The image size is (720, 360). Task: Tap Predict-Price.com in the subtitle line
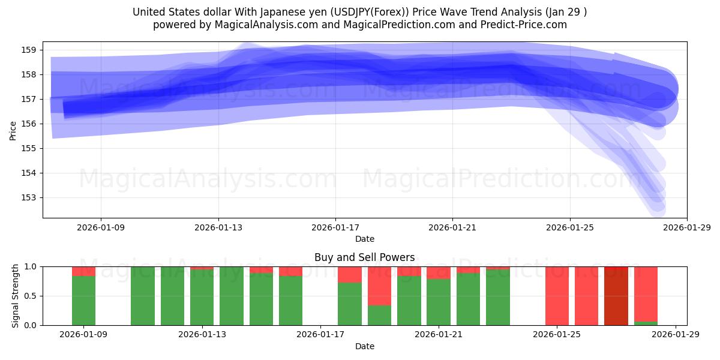pos(521,25)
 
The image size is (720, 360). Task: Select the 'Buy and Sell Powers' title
pos(365,257)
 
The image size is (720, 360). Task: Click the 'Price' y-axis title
pos(13,130)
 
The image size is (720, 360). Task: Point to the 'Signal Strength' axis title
pos(16,296)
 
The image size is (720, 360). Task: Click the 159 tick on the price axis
pos(30,50)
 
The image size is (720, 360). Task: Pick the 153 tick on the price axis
pos(30,197)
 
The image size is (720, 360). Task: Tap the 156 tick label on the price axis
pos(30,124)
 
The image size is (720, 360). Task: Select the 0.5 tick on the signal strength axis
pos(29,296)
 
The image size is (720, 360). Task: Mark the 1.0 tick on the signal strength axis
pos(29,266)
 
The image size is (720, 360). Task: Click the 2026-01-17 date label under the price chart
pos(335,227)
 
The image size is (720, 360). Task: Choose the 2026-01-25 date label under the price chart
pos(569,227)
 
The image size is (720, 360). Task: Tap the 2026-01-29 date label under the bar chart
pos(676,335)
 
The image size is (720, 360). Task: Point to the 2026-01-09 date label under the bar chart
pos(84,335)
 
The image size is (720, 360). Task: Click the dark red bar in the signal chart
pos(616,296)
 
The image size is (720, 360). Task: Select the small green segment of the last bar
pos(646,323)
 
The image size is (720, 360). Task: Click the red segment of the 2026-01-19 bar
pos(379,286)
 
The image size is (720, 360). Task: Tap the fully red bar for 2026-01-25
pos(557,296)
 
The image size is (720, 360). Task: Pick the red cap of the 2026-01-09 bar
pos(84,271)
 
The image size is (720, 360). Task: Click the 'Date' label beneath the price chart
pos(365,239)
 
